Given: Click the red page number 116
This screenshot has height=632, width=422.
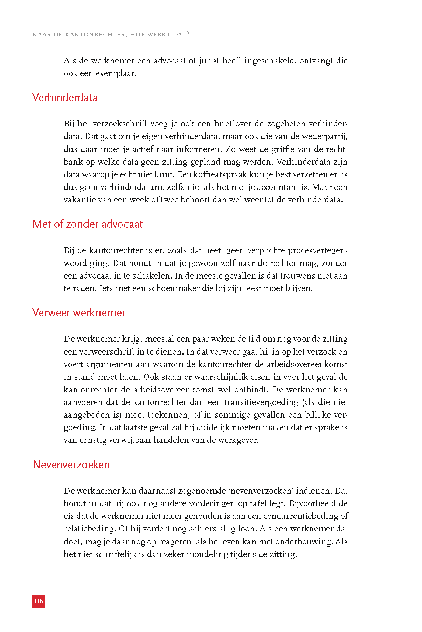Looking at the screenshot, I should (x=38, y=601).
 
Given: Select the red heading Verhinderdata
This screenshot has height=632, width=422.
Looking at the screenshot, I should (x=65, y=97).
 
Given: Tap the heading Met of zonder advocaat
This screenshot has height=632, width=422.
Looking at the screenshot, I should (x=88, y=224).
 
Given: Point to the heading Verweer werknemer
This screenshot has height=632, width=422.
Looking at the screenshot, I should (x=79, y=312).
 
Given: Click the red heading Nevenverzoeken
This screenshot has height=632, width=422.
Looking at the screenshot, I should (x=71, y=465).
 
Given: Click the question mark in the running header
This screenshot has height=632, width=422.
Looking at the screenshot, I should (x=187, y=34).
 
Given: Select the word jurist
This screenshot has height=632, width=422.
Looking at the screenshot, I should (x=209, y=61).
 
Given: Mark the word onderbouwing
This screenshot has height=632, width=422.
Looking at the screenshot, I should (x=304, y=542).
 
